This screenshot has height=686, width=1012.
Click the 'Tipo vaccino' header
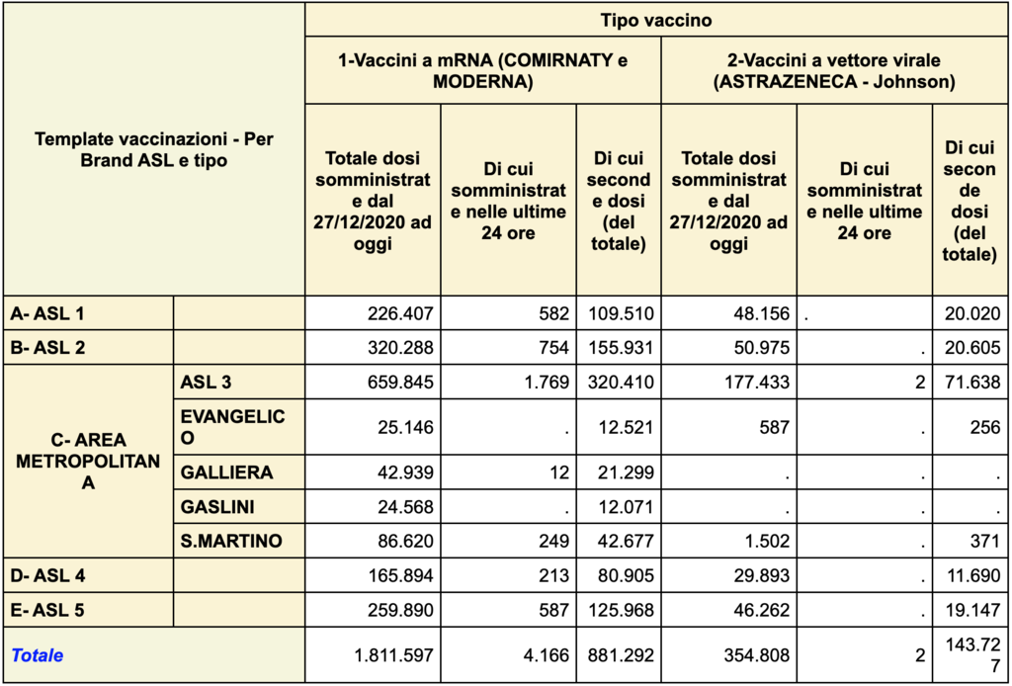click(655, 20)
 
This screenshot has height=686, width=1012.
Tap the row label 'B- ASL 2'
click(46, 348)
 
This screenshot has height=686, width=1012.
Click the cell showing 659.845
click(400, 383)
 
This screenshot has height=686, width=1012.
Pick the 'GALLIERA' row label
click(226, 472)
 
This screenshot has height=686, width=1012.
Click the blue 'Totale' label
click(37, 655)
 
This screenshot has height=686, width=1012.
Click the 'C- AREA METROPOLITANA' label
click(88, 461)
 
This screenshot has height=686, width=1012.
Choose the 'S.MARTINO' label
click(231, 541)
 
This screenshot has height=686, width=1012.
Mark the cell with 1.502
click(767, 541)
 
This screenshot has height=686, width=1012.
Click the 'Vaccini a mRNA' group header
click(482, 71)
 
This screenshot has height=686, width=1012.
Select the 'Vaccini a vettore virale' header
click(834, 71)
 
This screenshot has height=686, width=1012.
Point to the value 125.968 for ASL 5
click(620, 610)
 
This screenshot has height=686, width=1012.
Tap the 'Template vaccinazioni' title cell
click(154, 149)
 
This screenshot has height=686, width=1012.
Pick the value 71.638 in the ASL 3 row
click(972, 383)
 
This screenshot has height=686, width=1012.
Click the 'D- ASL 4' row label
click(46, 575)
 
